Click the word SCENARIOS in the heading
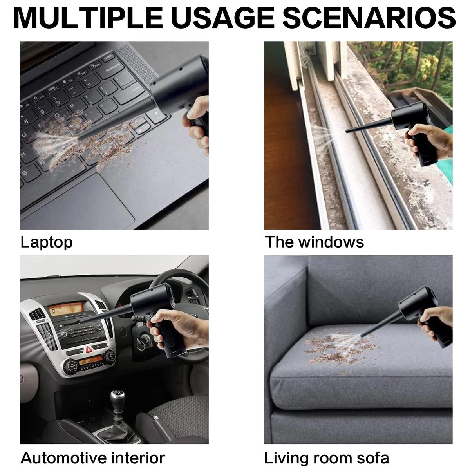[369, 18]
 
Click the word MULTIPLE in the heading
[88, 18]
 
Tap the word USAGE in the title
[222, 18]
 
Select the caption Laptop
[46, 243]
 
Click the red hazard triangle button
[89, 349]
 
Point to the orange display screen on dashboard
[66, 309]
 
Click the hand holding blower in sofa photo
[436, 322]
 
